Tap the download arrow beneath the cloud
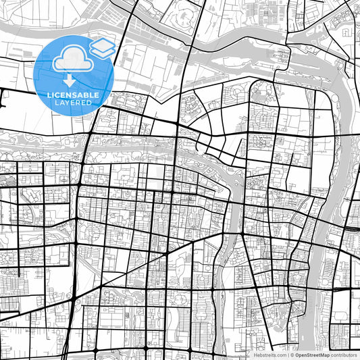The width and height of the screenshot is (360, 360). click(70, 80)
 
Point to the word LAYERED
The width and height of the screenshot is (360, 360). click(74, 102)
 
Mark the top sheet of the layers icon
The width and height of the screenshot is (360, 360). click(102, 45)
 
